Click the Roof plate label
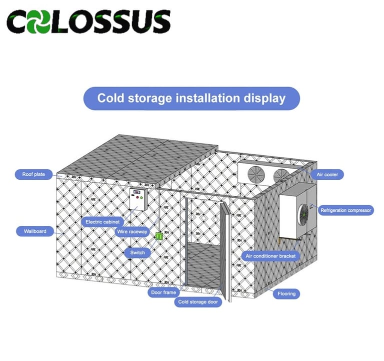33,175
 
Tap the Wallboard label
34,231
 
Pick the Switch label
137,253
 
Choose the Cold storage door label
198,302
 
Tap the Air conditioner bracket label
271,256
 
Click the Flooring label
286,294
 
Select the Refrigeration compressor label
346,211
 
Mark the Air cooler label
326,175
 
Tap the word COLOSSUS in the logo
88,22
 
